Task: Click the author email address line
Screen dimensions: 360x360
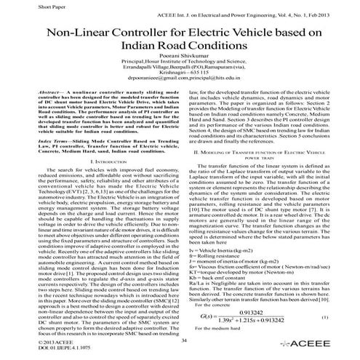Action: [180, 96]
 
